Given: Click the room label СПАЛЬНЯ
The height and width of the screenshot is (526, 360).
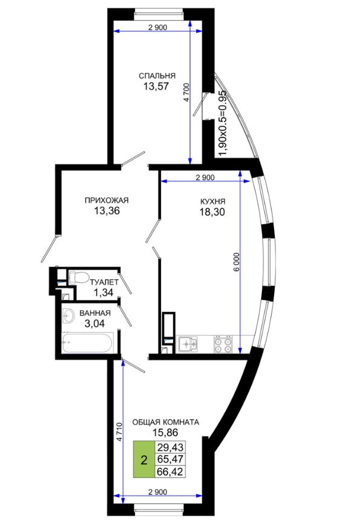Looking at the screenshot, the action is click(x=157, y=76).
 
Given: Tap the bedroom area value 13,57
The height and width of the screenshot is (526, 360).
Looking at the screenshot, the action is click(x=156, y=86).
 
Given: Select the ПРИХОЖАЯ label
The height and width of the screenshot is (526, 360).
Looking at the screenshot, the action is click(x=106, y=200).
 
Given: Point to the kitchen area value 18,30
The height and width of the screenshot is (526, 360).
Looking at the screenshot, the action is click(x=212, y=212).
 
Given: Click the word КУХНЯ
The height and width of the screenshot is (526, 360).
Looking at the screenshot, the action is click(x=212, y=201).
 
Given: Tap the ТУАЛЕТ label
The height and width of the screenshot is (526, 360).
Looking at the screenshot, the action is click(x=104, y=282).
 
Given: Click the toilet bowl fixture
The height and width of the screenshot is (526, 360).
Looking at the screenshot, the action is click(x=78, y=278).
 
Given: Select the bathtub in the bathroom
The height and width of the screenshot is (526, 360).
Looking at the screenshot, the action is click(x=87, y=342).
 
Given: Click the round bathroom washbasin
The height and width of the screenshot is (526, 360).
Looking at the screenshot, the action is click(x=69, y=316).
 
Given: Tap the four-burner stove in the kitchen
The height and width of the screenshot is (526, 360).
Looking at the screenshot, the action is click(x=223, y=344).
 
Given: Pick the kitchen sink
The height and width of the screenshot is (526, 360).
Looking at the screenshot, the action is click(x=188, y=344).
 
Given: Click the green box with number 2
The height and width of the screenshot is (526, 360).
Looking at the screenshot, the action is click(x=144, y=460).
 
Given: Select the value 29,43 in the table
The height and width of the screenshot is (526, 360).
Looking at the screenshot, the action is click(x=170, y=447).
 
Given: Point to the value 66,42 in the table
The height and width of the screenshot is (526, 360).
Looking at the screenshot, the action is click(x=170, y=472).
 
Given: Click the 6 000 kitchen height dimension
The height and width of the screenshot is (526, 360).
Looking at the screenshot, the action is click(x=237, y=262).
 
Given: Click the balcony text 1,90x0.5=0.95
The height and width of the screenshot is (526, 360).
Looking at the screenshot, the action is click(x=223, y=123).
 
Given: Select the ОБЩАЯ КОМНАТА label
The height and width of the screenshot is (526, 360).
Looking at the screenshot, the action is click(x=166, y=423).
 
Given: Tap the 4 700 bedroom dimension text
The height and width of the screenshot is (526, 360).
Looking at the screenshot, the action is click(x=187, y=93).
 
